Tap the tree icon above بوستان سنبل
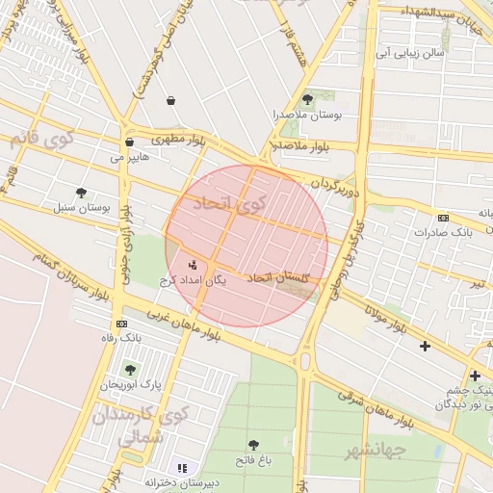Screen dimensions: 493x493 (81, 193)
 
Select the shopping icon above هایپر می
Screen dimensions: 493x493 (129, 142)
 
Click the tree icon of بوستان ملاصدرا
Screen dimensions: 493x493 (307, 99)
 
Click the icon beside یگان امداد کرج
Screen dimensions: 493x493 (192, 265)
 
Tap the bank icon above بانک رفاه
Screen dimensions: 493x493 (121, 324)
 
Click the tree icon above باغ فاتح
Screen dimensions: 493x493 (253, 445)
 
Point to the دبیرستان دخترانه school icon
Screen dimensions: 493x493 (182, 468)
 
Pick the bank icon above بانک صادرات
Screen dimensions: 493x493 (443, 218)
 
